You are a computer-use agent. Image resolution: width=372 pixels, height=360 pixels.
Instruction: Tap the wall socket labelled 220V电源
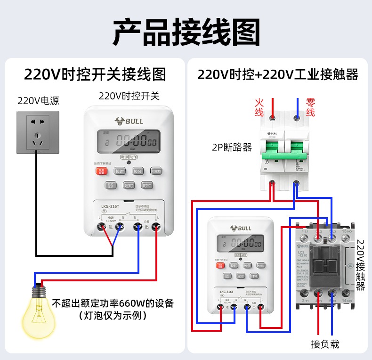(38, 132)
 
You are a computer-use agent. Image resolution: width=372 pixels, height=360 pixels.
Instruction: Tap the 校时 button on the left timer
(120, 171)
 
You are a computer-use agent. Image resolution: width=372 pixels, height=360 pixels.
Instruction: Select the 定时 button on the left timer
(129, 185)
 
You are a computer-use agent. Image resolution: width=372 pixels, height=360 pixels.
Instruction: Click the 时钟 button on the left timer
(147, 185)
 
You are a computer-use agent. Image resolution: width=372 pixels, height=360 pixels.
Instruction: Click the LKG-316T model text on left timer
(110, 206)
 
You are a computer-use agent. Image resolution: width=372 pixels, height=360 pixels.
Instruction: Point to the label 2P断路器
(232, 147)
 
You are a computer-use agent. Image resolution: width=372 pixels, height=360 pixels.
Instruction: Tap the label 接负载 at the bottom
(325, 344)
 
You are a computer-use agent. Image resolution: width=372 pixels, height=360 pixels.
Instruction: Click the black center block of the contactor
(325, 264)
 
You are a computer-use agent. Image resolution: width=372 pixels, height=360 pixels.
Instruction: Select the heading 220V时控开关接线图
(95, 74)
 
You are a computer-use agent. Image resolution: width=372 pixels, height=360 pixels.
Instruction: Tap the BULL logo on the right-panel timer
(241, 229)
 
